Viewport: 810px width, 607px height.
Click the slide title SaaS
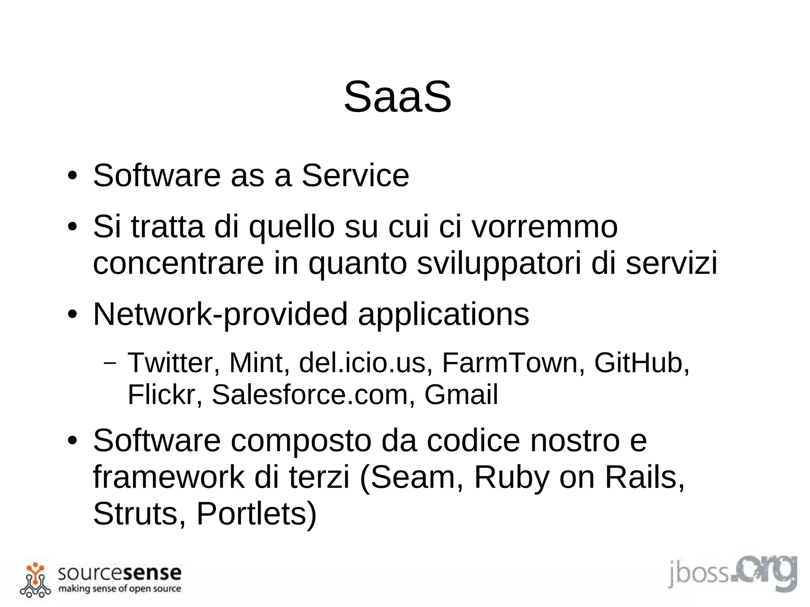pyautogui.click(x=397, y=97)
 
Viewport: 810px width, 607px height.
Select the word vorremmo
pyautogui.click(x=545, y=227)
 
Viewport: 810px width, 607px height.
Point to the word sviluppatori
pyautogui.click(x=499, y=263)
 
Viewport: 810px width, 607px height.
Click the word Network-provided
pyautogui.click(x=220, y=314)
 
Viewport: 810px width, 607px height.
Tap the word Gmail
pyautogui.click(x=461, y=395)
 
